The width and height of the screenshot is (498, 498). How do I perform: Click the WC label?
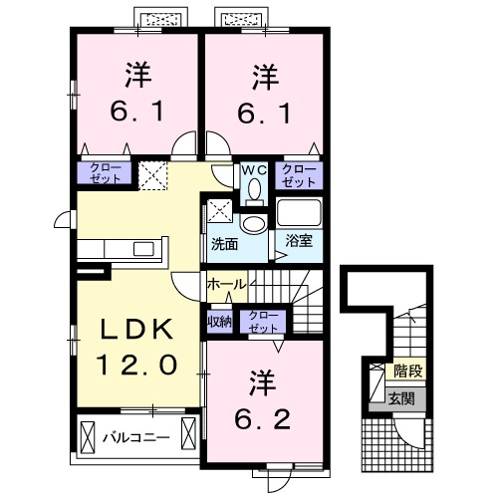pos(254,170)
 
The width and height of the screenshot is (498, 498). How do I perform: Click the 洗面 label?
pos(223,244)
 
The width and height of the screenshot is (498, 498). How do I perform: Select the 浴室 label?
pos(299,240)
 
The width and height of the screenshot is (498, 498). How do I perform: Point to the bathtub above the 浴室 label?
pos(299,213)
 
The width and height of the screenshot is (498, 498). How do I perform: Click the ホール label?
pos(227,285)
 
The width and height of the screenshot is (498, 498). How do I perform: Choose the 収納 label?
pos(219,321)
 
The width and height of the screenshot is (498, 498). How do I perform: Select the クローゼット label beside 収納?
pos(264,321)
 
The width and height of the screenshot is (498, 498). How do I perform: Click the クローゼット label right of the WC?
pos(299,175)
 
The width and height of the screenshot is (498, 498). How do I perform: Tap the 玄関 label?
pos(402,397)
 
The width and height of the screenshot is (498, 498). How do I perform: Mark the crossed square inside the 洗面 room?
pos(220,211)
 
